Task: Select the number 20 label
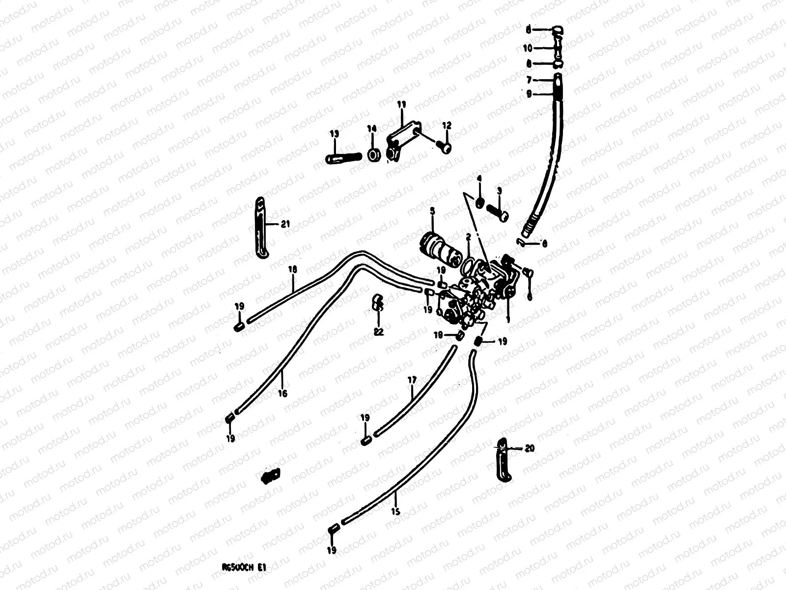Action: (529, 448)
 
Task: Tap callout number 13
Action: (334, 134)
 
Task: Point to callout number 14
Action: (372, 129)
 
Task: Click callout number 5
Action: (432, 211)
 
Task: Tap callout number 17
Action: (412, 380)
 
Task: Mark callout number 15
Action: (396, 511)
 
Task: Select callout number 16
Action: (282, 393)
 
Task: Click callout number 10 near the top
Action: (527, 48)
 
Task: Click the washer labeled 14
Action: (374, 156)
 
